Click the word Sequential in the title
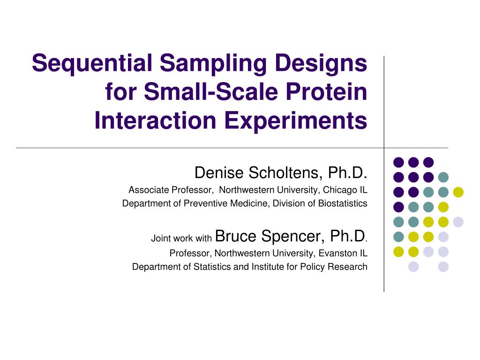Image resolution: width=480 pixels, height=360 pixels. click(x=92, y=64)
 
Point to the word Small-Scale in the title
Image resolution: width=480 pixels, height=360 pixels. click(x=211, y=91)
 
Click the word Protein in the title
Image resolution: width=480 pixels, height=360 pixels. click(x=326, y=91)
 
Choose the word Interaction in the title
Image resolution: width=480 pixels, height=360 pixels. click(x=156, y=120)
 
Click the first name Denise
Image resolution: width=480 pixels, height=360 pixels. click(x=219, y=172)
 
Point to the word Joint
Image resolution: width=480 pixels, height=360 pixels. click(x=161, y=238)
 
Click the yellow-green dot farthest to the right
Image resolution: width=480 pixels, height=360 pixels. click(x=458, y=192)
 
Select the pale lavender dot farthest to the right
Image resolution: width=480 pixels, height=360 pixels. click(x=458, y=222)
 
